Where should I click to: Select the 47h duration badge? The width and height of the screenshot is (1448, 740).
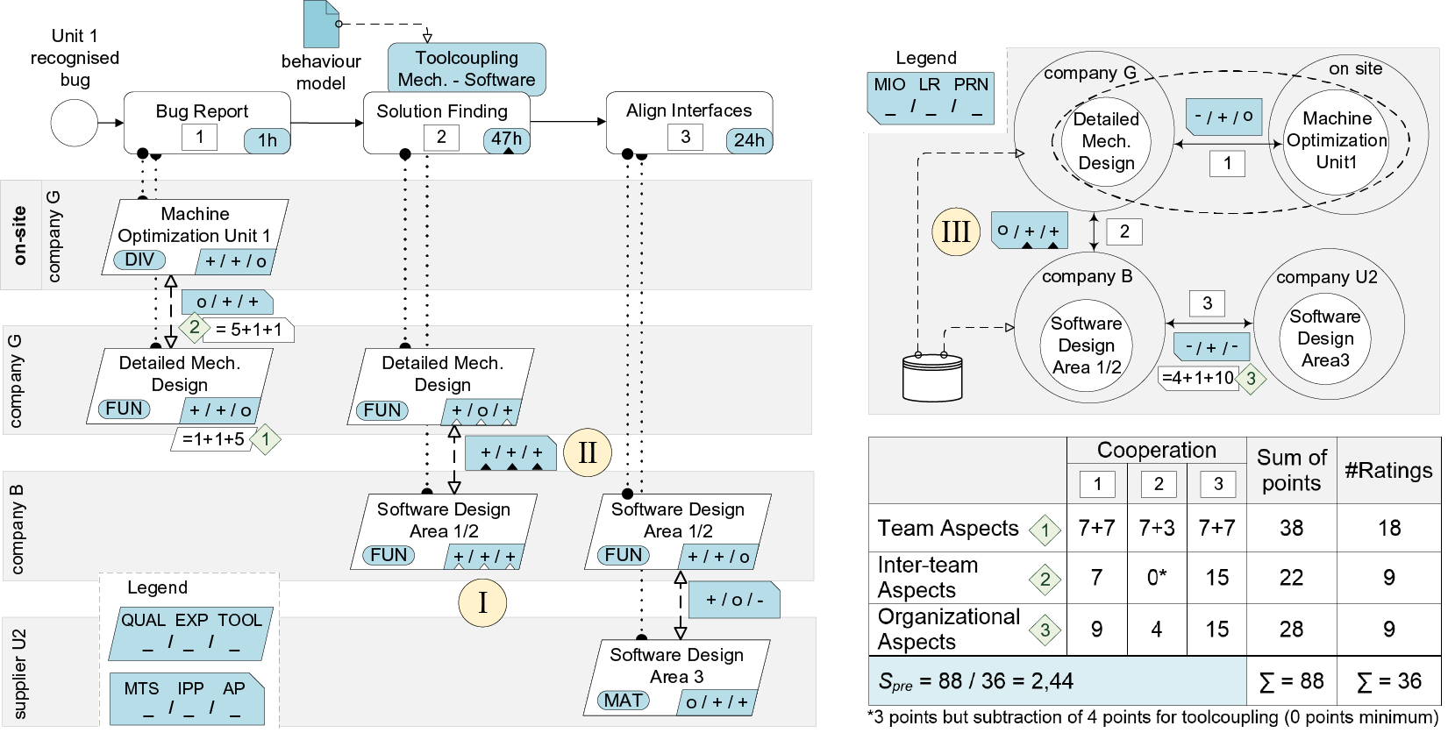coord(506,139)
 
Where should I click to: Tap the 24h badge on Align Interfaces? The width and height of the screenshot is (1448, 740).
coord(749,140)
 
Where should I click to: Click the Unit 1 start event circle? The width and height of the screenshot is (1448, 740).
coord(75,123)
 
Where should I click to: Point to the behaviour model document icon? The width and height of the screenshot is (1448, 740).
coord(321,25)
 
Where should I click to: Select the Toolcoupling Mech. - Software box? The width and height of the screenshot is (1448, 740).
coord(467,69)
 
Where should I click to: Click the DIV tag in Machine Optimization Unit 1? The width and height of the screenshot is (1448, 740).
coord(139,260)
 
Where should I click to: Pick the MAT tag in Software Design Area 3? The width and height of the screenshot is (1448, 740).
coord(624,701)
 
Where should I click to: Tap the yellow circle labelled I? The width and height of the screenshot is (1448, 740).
coord(482,602)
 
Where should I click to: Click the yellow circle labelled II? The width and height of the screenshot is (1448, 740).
coord(587,452)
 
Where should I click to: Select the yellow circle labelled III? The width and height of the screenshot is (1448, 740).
coord(955,231)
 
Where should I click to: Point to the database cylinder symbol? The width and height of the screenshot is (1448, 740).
coord(932,377)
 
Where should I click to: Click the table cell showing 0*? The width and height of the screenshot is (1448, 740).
coord(1157,578)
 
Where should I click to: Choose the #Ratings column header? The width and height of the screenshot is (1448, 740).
coord(1388,471)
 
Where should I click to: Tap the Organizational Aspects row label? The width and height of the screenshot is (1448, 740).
coord(948,630)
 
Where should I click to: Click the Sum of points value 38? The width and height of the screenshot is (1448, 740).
coord(1291,528)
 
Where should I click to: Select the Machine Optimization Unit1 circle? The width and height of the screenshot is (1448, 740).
coord(1337,140)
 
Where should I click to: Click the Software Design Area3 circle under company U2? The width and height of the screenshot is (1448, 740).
coord(1325,338)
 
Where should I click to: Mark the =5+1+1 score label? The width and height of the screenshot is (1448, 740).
coord(250,330)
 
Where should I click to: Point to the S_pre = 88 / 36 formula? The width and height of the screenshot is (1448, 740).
coord(975,681)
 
